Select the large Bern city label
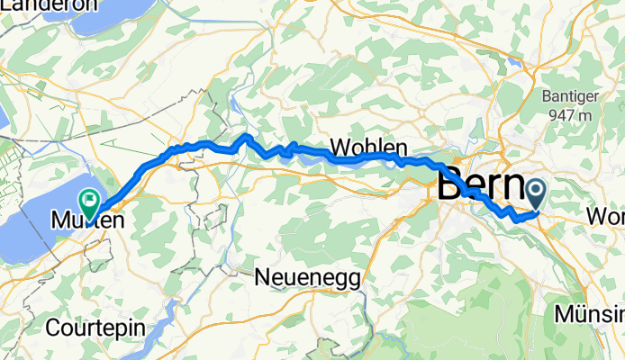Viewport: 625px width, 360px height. tap(479, 187)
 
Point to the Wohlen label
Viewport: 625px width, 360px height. tap(369, 147)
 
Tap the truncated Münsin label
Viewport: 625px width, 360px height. tap(590, 316)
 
